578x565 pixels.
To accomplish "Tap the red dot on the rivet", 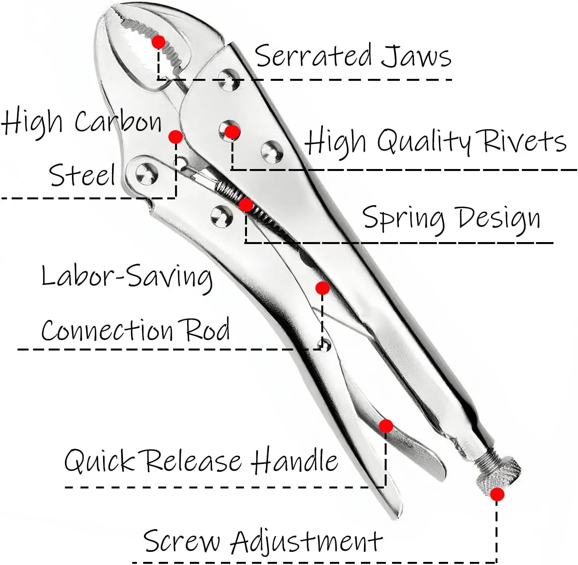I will (x=232, y=132).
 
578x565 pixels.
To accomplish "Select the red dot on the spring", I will (x=246, y=205).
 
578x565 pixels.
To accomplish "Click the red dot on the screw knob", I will (x=497, y=495).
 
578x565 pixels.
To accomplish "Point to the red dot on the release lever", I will (x=386, y=426).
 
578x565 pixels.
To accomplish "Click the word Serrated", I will (x=313, y=56).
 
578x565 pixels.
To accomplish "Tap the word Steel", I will (x=82, y=175).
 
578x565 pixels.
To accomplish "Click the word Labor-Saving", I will (x=127, y=277).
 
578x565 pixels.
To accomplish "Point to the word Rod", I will (x=207, y=330).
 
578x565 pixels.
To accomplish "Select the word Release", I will (x=193, y=461).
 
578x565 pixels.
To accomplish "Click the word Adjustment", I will (x=306, y=541).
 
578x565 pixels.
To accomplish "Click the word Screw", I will (x=182, y=541).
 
